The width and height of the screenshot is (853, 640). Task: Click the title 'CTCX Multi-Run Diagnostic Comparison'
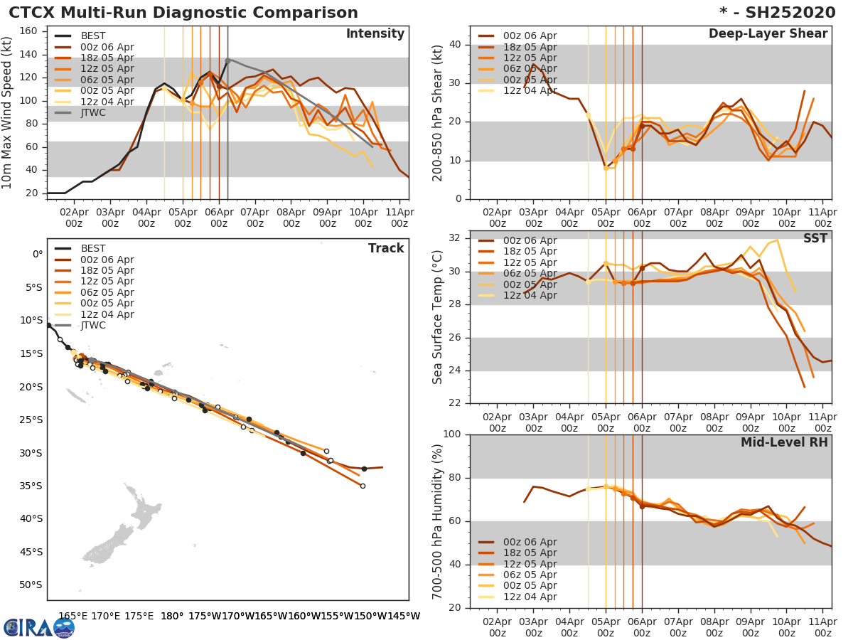[x=183, y=13]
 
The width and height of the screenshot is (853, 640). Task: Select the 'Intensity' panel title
[x=375, y=34]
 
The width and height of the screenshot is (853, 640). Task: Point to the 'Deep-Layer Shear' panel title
[x=768, y=34]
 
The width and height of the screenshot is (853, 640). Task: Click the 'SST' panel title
[x=815, y=238]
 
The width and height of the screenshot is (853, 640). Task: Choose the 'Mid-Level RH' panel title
[x=784, y=443]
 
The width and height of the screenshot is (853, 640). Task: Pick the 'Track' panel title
[x=386, y=248]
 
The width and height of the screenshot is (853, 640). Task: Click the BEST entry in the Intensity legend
[x=93, y=36]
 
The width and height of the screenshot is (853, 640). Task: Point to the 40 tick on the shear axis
[x=456, y=45]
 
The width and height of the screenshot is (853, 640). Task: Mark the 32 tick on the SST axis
[x=456, y=238]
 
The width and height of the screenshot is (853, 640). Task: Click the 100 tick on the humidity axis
[x=452, y=434]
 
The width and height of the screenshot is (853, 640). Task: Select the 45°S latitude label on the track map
[x=33, y=552]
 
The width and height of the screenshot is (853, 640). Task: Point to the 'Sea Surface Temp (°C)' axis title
[x=438, y=317]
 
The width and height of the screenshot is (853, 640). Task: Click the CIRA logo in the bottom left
[x=39, y=627]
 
